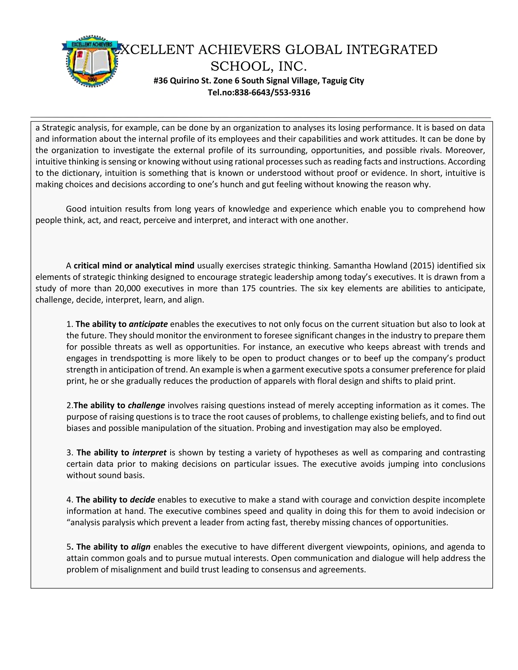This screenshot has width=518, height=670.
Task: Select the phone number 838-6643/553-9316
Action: [272, 92]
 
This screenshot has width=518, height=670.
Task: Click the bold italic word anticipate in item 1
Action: [148, 324]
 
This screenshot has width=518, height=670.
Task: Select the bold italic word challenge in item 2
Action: [146, 405]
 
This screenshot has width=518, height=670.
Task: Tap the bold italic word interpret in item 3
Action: [149, 453]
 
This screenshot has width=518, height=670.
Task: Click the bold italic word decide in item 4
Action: [142, 500]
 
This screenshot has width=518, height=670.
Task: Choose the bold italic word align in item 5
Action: [141, 547]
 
